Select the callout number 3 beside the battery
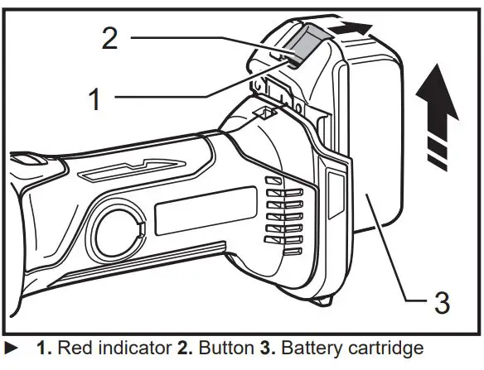point(442,302)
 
